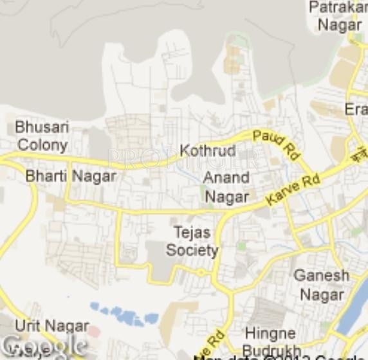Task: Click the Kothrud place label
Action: (x=208, y=151)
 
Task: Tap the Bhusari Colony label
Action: (x=42, y=136)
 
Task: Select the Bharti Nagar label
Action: (x=71, y=175)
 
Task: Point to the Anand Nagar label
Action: (x=226, y=187)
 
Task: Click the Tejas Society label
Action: (x=192, y=241)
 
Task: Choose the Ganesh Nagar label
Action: (x=322, y=285)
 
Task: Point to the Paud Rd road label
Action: (x=277, y=144)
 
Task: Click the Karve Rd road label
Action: (x=293, y=189)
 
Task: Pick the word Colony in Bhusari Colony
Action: (x=42, y=145)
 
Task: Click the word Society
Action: (x=192, y=250)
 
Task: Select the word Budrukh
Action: (x=271, y=351)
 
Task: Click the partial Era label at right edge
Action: (x=356, y=109)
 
